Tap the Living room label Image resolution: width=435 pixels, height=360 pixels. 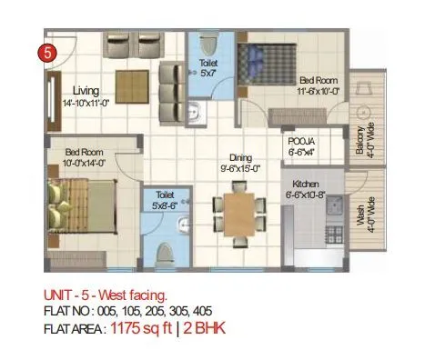88,91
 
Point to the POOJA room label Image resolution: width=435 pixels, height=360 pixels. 302,143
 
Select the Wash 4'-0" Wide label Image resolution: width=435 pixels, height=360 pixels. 367,215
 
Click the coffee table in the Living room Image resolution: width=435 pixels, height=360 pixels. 130,80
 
